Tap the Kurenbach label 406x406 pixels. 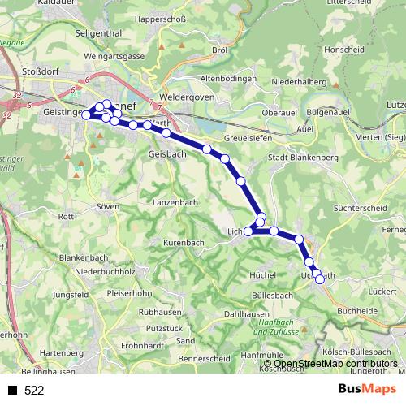click(184, 243)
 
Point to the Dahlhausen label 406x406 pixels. click(246, 313)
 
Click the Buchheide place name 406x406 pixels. click(356, 310)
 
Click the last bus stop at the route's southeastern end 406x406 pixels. click(319, 279)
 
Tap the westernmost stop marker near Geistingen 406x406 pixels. click(87, 115)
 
